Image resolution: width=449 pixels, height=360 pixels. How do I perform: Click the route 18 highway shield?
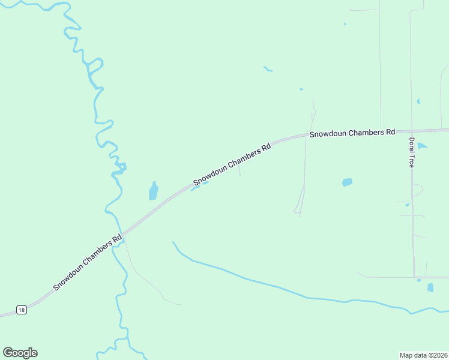[22, 310]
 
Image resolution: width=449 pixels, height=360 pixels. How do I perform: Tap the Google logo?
[20, 353]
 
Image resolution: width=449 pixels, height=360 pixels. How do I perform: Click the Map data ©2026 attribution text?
[423, 355]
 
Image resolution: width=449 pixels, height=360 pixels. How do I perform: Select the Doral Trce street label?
[412, 152]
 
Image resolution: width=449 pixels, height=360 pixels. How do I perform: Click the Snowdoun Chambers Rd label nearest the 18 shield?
[88, 262]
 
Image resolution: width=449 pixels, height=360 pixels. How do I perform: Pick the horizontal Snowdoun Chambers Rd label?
[352, 133]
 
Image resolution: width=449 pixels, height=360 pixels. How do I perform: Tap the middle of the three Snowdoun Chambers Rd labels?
[232, 164]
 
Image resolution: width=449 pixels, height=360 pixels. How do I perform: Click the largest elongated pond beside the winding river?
[153, 191]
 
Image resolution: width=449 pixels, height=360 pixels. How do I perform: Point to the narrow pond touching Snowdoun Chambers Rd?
[196, 187]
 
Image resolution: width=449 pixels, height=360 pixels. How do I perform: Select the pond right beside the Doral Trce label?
[422, 146]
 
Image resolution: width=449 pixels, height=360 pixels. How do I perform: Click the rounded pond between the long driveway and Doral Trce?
[347, 182]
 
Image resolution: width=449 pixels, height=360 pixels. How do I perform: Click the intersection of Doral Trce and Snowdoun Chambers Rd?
[411, 130]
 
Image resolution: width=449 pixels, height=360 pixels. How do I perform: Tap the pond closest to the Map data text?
[430, 287]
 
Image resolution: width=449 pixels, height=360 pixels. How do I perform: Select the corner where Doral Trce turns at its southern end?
[414, 277]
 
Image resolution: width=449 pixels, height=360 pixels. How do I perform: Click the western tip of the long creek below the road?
[173, 243]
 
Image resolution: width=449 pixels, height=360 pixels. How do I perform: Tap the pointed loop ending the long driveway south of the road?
[297, 211]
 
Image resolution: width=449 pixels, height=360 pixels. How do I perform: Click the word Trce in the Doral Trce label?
[412, 160]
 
